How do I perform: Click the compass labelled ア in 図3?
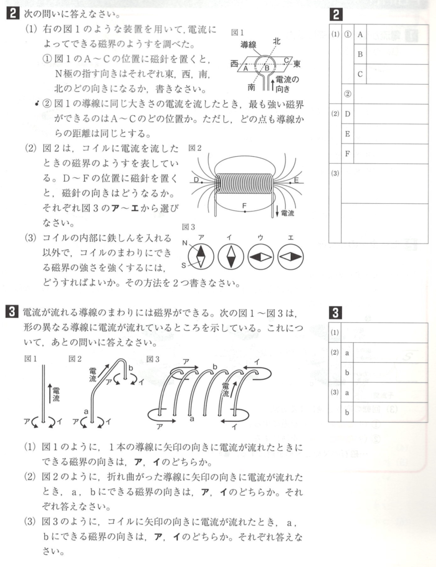tap(201, 256)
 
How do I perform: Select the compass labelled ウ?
tap(260, 256)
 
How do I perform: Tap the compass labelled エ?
tap(291, 256)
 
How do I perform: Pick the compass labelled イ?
tap(230, 256)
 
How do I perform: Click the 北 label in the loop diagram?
tap(276, 41)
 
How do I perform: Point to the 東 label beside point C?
tap(297, 64)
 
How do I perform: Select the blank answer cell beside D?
tap(390, 114)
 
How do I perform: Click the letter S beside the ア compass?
tap(186, 266)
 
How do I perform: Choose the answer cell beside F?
tap(390, 153)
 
